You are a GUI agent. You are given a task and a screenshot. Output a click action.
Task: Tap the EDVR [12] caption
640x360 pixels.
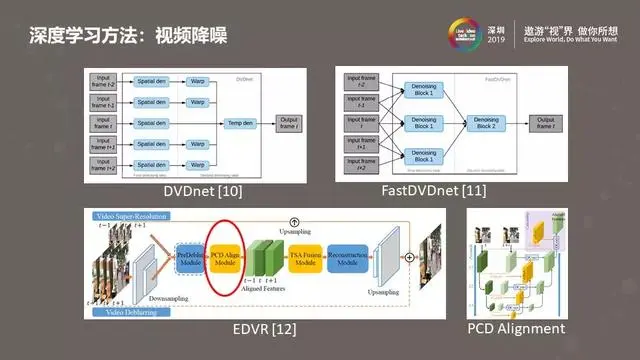click(x=262, y=328)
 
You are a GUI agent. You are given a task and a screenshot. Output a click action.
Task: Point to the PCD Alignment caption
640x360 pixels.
click(x=516, y=328)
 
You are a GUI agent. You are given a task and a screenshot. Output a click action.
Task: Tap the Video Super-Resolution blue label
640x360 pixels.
click(x=129, y=216)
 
